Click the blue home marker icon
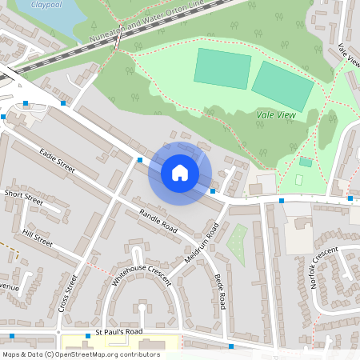pyautogui.click(x=180, y=173)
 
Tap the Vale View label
pyautogui.click(x=277, y=115)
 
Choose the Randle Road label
pyautogui.click(x=158, y=220)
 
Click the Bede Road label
pyautogui.click(x=220, y=292)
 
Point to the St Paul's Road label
pyautogui.click(x=113, y=331)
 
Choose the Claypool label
pyautogui.click(x=46, y=4)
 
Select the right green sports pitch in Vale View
pyautogui.click(x=282, y=86)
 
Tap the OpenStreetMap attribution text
pyautogui.click(x=80, y=354)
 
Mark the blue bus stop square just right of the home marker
pyautogui.click(x=213, y=191)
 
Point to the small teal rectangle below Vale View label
pyautogui.click(x=306, y=162)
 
